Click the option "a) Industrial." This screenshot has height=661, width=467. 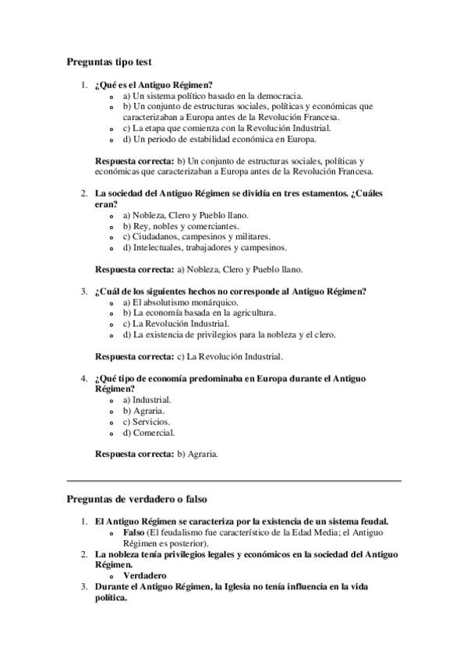(x=147, y=399)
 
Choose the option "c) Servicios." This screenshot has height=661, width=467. (x=147, y=421)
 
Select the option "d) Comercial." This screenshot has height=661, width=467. (x=149, y=432)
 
